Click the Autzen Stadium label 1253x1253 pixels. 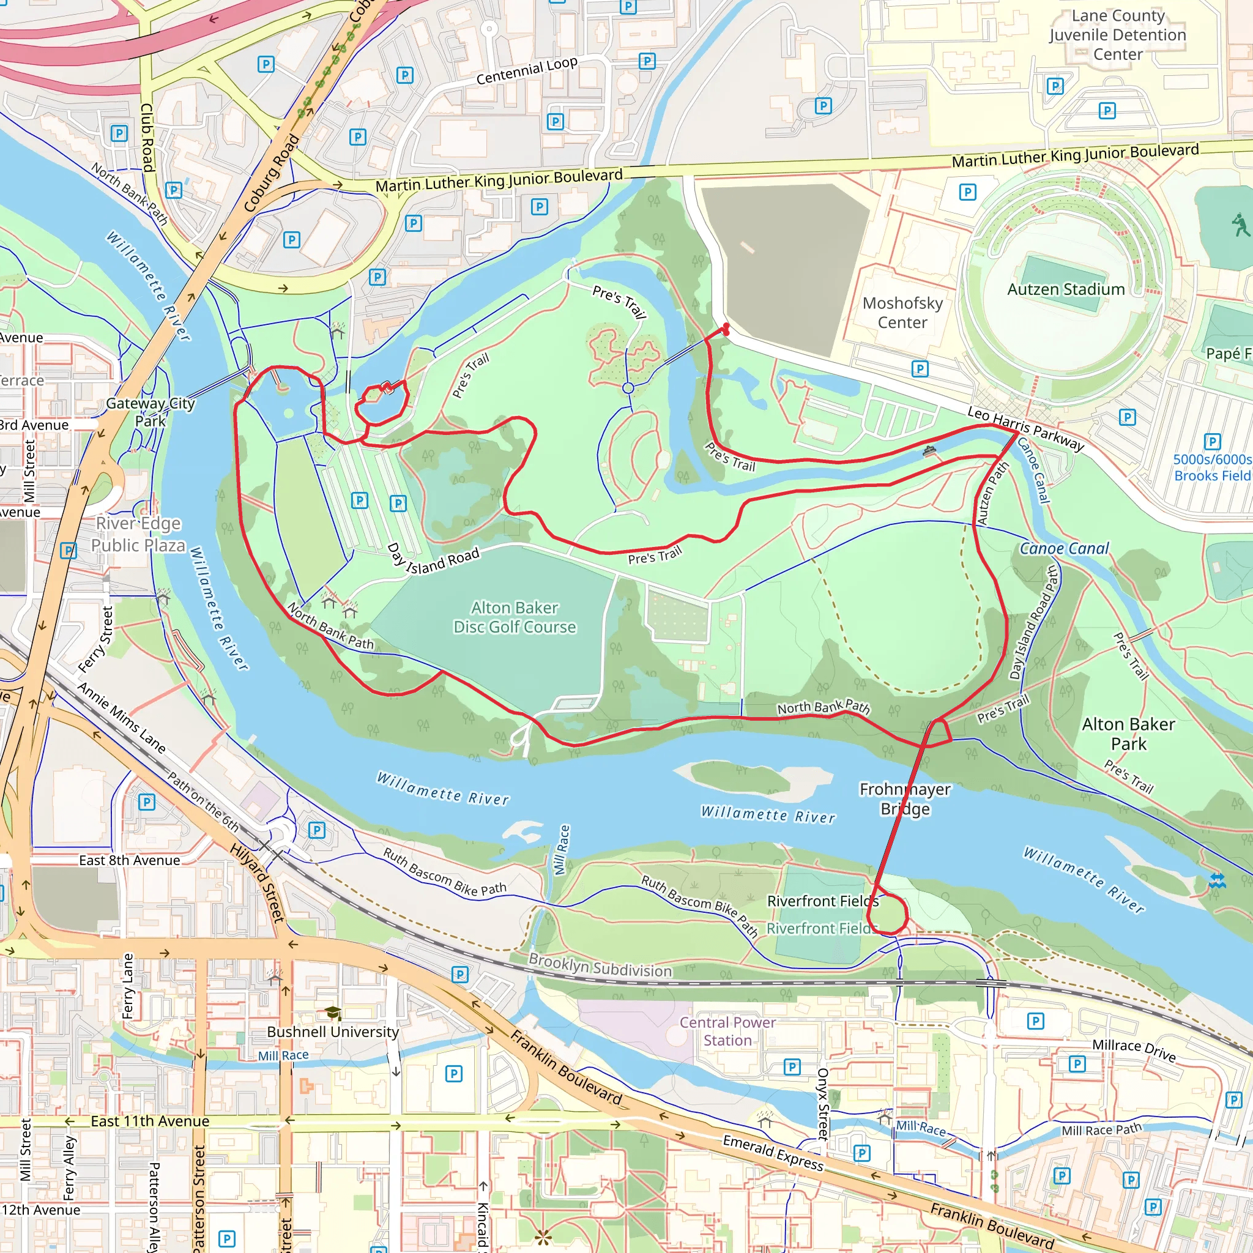[1066, 289]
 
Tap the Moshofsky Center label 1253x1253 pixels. [902, 313]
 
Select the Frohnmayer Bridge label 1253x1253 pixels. [905, 799]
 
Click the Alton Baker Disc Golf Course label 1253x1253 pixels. [515, 617]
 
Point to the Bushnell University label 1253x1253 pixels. [333, 1032]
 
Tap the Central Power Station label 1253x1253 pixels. [727, 1031]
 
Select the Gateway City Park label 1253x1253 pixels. [151, 412]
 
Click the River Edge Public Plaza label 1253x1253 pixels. [138, 534]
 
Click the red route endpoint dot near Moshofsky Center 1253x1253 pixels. [726, 328]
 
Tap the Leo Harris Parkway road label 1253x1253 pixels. [1025, 429]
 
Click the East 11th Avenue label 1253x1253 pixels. [150, 1121]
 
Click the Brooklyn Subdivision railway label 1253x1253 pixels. [600, 965]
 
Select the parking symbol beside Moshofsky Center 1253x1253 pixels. [920, 369]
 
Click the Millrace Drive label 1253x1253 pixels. [1134, 1050]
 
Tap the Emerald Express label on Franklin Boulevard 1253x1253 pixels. [773, 1153]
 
